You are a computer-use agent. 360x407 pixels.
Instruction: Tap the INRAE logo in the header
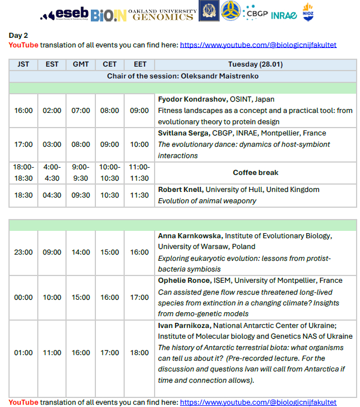pyautogui.click(x=284, y=15)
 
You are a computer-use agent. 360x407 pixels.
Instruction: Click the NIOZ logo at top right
pyautogui.click(x=308, y=12)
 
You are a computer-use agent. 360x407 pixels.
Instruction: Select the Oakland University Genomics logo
pyautogui.click(x=161, y=14)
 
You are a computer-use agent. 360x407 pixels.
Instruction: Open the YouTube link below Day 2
pyautogui.click(x=258, y=45)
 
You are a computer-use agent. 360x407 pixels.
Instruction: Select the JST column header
pyautogui.click(x=23, y=64)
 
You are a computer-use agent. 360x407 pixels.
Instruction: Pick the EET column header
pyautogui.click(x=139, y=64)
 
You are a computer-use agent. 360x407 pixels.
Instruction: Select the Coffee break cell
pyautogui.click(x=256, y=173)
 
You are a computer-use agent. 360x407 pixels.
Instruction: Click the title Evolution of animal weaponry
pyautogui.click(x=207, y=200)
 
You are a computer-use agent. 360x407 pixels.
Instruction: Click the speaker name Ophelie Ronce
pyautogui.click(x=184, y=281)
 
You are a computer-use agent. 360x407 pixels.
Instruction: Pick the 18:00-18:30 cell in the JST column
pyautogui.click(x=23, y=172)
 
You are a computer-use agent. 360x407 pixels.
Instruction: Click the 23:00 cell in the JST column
pyautogui.click(x=23, y=252)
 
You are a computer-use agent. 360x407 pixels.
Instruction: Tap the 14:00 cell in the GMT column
pyautogui.click(x=81, y=252)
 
